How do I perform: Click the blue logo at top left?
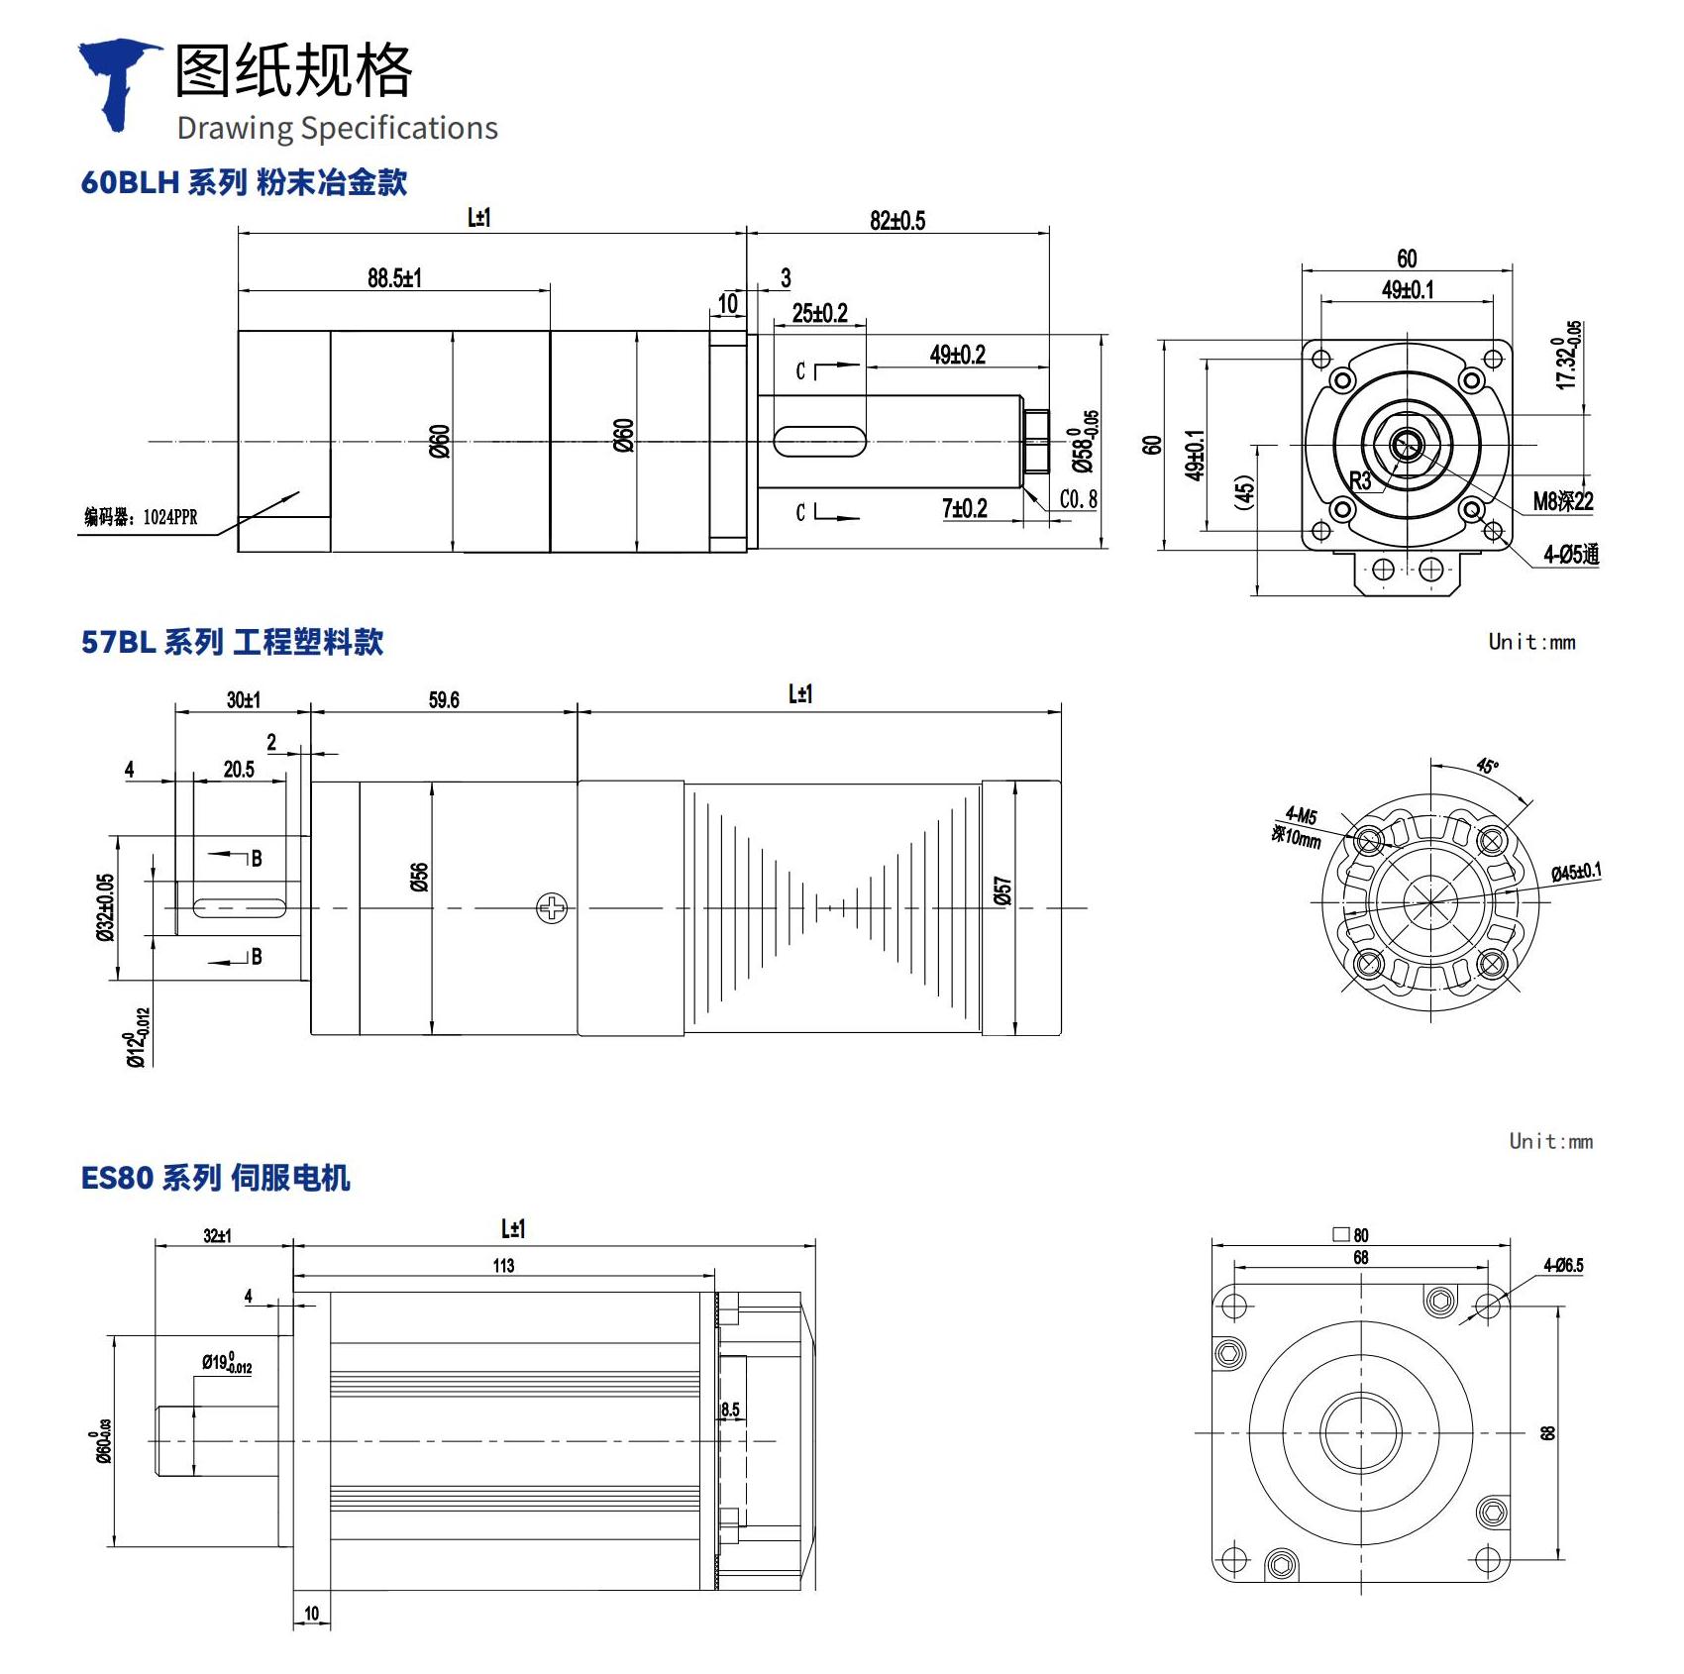click(x=119, y=83)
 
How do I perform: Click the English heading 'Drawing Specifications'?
click(x=337, y=129)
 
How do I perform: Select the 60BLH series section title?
click(x=244, y=182)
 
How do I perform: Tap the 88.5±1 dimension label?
click(x=394, y=278)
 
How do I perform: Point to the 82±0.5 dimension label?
click(x=897, y=221)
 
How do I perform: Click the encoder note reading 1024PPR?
click(x=141, y=517)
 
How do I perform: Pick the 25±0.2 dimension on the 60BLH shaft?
click(x=819, y=314)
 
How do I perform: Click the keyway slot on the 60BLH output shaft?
click(x=819, y=442)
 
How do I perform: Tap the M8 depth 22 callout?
click(x=1563, y=501)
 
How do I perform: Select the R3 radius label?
click(x=1360, y=482)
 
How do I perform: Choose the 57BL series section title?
click(x=232, y=642)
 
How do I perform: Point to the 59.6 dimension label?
click(x=444, y=700)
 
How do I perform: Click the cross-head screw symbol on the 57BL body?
click(x=552, y=907)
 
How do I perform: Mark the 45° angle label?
click(x=1487, y=766)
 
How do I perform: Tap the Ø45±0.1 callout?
click(x=1575, y=872)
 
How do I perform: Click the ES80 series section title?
click(x=215, y=1178)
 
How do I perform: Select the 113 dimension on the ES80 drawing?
click(x=503, y=1266)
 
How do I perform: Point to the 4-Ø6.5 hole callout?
click(x=1563, y=1266)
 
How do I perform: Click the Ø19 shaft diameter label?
click(x=227, y=1364)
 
